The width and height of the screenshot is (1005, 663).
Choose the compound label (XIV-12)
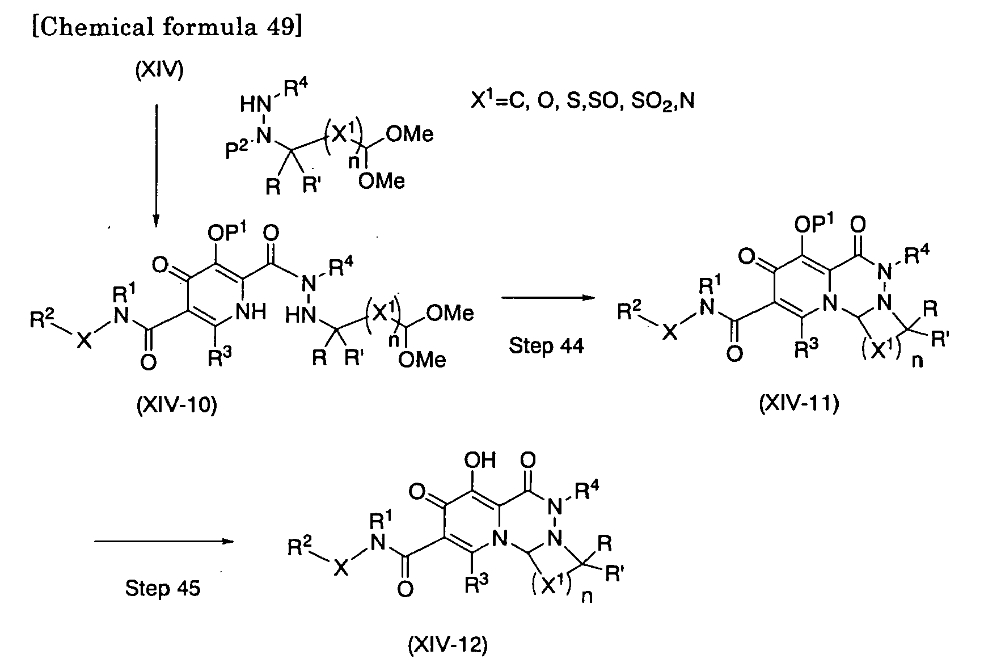tap(447, 645)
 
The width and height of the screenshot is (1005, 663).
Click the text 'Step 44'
tap(546, 345)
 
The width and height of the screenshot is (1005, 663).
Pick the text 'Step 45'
tap(163, 588)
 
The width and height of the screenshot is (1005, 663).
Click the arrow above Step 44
tap(546, 296)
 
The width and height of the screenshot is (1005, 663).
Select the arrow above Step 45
tap(164, 541)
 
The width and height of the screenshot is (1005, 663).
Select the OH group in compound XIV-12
tap(480, 459)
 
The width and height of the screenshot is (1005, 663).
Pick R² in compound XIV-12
tap(300, 548)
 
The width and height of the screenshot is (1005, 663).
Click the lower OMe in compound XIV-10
tap(422, 359)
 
